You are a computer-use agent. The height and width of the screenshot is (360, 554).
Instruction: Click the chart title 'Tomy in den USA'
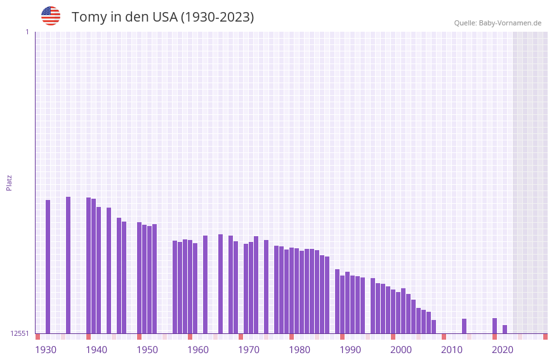point(162,17)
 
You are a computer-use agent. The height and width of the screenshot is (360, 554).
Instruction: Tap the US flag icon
point(51,16)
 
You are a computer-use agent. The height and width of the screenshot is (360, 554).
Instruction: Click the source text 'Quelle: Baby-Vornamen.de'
point(498,23)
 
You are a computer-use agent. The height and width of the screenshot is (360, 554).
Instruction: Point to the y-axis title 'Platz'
point(9,182)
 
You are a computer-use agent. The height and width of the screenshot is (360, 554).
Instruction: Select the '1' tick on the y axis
point(27,32)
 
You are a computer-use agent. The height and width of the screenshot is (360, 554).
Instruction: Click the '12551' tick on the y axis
point(20,333)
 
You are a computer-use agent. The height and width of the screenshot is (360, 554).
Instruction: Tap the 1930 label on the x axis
point(46,350)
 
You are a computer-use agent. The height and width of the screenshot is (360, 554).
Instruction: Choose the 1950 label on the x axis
point(147,350)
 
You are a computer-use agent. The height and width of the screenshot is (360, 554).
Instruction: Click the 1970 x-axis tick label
point(249,350)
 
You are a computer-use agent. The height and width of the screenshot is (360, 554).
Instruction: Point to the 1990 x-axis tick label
point(350,350)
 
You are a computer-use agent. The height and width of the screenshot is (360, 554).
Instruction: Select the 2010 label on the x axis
point(452,350)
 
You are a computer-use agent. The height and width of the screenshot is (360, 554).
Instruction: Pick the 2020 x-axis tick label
point(503,350)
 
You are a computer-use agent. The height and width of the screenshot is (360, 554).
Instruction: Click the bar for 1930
point(48,267)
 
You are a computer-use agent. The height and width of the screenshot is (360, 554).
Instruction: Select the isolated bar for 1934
point(68,265)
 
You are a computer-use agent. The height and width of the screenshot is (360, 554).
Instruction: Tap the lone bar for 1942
point(109,270)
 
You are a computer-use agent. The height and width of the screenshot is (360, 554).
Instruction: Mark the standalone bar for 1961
point(205,284)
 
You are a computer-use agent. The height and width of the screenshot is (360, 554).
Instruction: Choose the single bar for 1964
point(220,284)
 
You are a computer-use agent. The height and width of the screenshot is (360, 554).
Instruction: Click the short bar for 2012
point(464,326)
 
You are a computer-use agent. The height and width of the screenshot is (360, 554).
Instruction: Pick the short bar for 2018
point(494,326)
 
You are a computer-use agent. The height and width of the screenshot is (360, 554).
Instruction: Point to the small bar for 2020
point(505,329)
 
